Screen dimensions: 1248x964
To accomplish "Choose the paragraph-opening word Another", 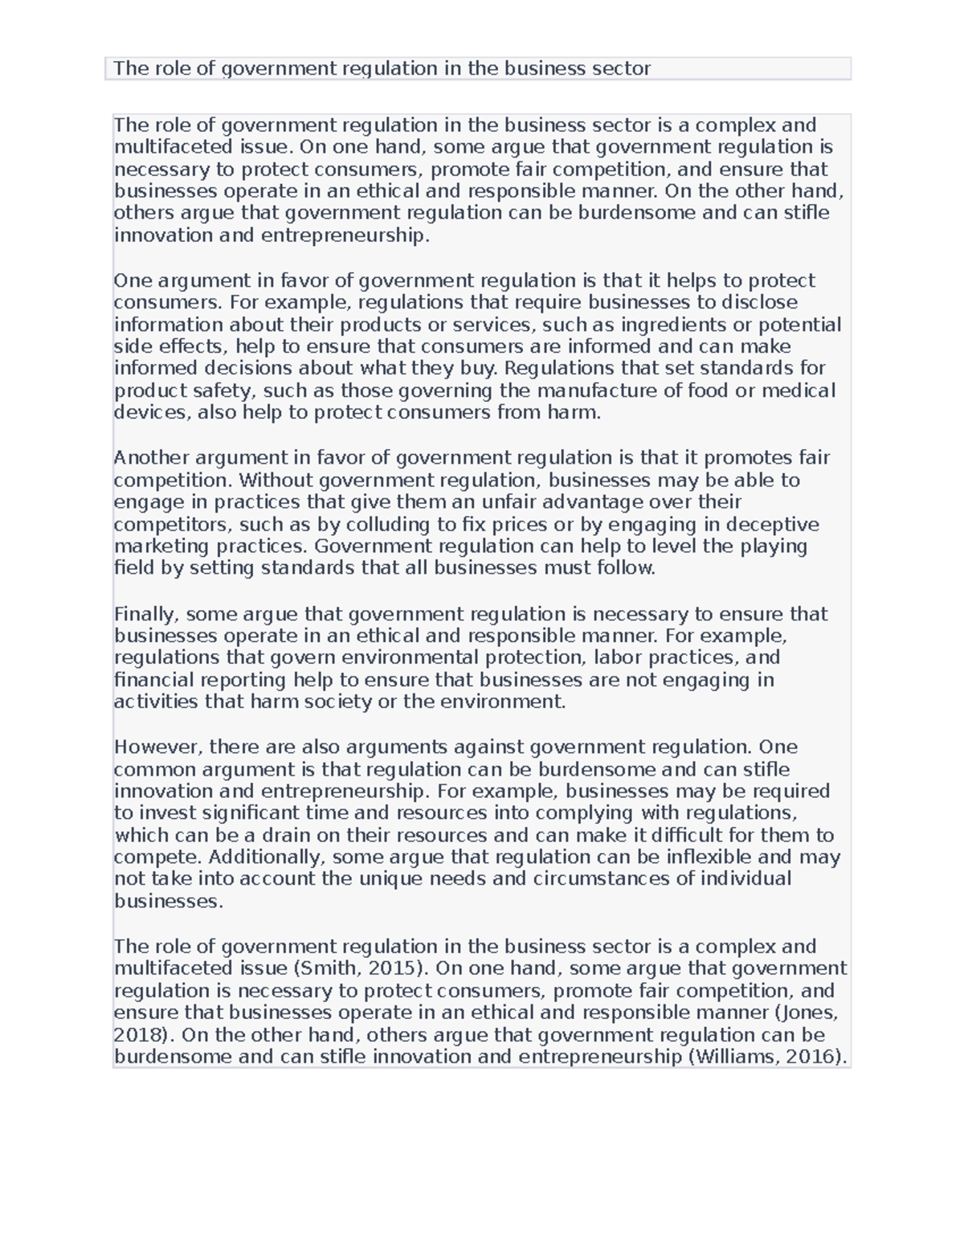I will pyautogui.click(x=151, y=458).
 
